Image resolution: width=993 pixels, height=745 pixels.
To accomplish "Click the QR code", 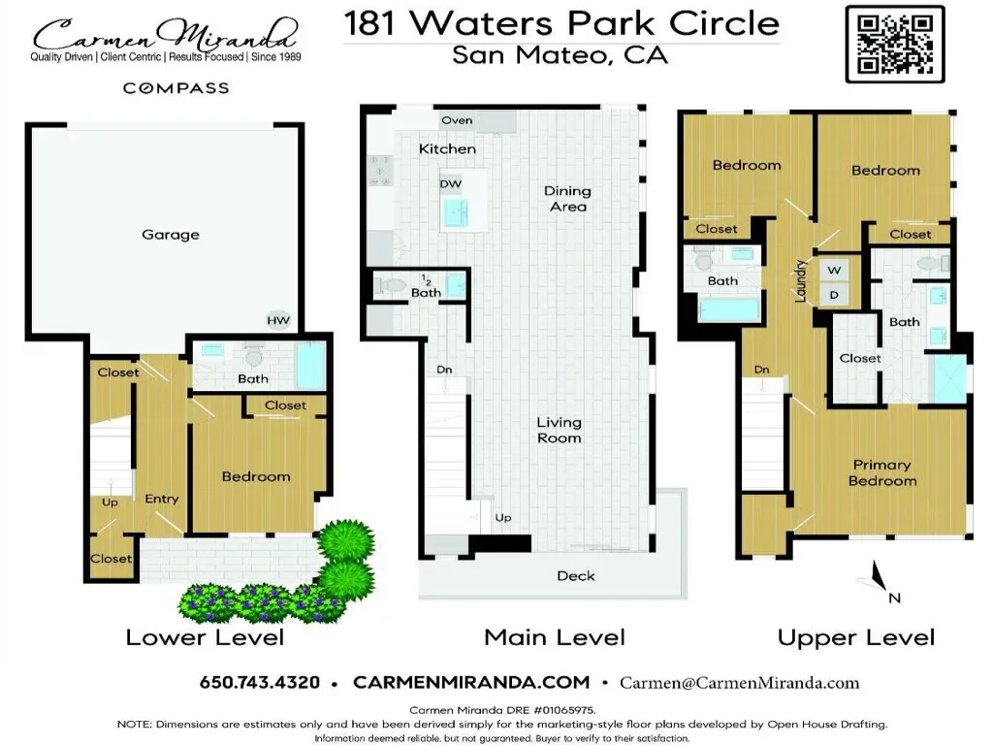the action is (x=895, y=44).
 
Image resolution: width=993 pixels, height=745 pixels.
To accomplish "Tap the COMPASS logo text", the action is (x=176, y=88).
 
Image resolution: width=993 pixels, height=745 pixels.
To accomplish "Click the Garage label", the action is (x=171, y=235).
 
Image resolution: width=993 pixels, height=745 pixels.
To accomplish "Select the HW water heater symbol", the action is (x=278, y=320).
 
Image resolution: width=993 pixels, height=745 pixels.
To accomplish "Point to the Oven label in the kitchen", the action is (x=457, y=120).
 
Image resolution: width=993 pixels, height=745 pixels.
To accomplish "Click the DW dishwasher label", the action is (x=450, y=183).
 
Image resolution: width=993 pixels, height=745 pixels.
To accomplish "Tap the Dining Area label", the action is (x=567, y=198).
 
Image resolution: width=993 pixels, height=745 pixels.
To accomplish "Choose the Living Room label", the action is (x=560, y=430).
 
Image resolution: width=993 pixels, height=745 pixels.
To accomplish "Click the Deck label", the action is (x=576, y=576).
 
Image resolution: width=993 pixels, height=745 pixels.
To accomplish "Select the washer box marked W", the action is (x=834, y=270).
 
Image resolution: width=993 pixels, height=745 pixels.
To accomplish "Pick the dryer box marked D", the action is (x=834, y=295).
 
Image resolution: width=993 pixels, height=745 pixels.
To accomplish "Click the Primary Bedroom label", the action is (x=882, y=472).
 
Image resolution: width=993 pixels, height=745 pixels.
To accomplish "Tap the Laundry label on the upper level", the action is (x=800, y=280).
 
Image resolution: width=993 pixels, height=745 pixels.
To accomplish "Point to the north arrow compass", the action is (x=877, y=578).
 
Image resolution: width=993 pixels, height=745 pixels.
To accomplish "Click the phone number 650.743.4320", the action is (x=260, y=682).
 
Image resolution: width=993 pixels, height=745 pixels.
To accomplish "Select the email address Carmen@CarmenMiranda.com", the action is (x=740, y=683).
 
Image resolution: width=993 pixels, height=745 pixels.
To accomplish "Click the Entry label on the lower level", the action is (x=162, y=500).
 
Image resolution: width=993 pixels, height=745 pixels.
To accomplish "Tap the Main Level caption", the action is (x=555, y=636).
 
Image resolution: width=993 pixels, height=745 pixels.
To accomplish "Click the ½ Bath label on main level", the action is (x=426, y=286).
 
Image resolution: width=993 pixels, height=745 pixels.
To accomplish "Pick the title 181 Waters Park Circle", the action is (x=561, y=23).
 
